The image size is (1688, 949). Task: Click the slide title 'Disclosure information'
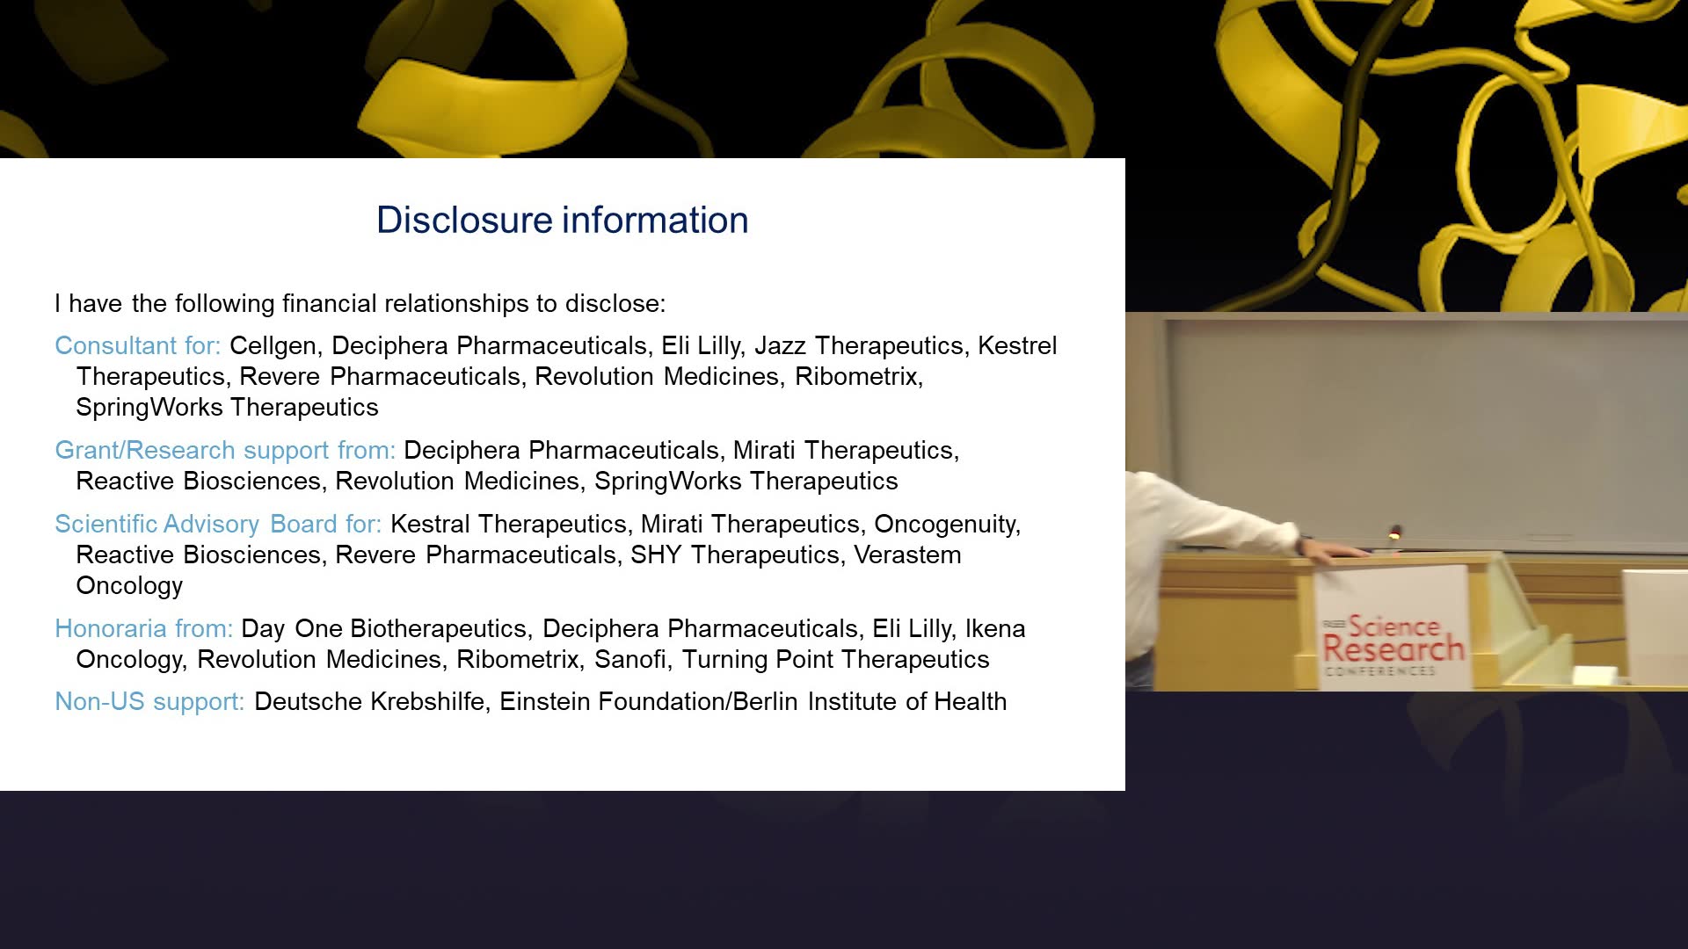(563, 220)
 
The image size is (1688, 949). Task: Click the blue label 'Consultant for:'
(138, 345)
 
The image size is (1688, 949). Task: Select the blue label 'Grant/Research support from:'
(225, 451)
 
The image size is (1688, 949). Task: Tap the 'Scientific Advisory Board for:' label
(218, 524)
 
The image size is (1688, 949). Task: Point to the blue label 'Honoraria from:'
(144, 628)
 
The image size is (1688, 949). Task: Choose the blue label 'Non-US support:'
(149, 701)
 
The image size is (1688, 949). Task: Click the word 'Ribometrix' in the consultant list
(858, 376)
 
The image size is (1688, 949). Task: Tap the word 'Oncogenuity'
(947, 525)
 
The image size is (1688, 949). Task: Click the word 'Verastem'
(907, 554)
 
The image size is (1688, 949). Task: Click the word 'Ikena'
(995, 628)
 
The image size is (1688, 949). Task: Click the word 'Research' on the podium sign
(1393, 649)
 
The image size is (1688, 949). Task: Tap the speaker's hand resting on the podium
(1332, 552)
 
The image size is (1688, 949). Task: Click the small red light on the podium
(1395, 532)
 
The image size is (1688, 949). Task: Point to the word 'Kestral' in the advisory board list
(428, 524)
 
